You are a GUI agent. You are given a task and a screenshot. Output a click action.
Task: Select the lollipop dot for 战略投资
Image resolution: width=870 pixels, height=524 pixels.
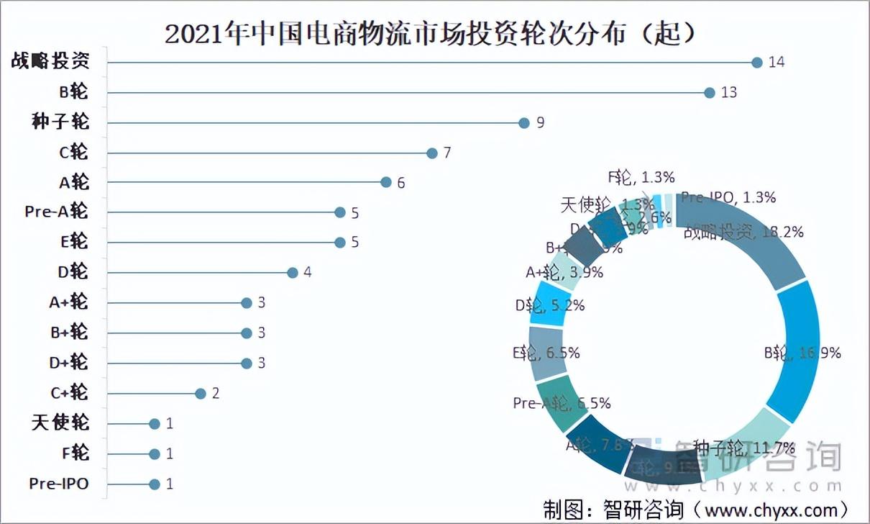(x=756, y=63)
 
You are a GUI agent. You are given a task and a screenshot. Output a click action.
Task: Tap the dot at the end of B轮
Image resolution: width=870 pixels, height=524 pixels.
(x=710, y=93)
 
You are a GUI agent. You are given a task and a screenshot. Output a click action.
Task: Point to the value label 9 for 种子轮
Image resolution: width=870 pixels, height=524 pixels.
(x=540, y=123)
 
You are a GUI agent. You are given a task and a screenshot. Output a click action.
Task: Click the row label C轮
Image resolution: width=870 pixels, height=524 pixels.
(x=74, y=153)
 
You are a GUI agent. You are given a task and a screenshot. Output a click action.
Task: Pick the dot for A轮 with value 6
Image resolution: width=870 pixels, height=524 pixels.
(x=385, y=183)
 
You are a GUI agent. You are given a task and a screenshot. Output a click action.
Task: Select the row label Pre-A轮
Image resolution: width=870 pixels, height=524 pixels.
(x=56, y=212)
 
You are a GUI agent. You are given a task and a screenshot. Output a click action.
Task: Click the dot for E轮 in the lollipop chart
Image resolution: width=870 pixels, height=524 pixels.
(x=339, y=243)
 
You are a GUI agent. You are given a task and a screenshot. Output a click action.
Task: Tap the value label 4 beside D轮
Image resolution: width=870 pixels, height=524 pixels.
(x=307, y=273)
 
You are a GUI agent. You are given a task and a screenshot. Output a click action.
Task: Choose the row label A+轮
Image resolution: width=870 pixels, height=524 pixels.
(x=69, y=302)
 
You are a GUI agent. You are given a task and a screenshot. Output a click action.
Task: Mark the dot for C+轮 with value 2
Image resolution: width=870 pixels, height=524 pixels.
(x=200, y=393)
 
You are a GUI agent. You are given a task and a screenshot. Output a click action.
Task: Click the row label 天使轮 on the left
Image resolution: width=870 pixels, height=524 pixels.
(x=60, y=423)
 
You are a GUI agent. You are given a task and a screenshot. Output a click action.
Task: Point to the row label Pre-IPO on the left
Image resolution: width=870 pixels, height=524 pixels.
(x=59, y=483)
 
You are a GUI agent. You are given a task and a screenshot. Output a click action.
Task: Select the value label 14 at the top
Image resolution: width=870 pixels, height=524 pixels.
(x=776, y=63)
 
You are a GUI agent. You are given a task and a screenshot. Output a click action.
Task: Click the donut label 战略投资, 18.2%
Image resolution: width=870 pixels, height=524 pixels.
(x=743, y=232)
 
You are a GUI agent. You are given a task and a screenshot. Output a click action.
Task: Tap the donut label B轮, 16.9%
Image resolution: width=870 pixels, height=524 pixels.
(x=802, y=353)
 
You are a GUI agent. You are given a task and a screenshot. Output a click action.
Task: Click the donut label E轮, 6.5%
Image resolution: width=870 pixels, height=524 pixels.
(x=546, y=353)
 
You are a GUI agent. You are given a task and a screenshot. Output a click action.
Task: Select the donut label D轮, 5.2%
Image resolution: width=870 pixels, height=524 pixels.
(x=549, y=305)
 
